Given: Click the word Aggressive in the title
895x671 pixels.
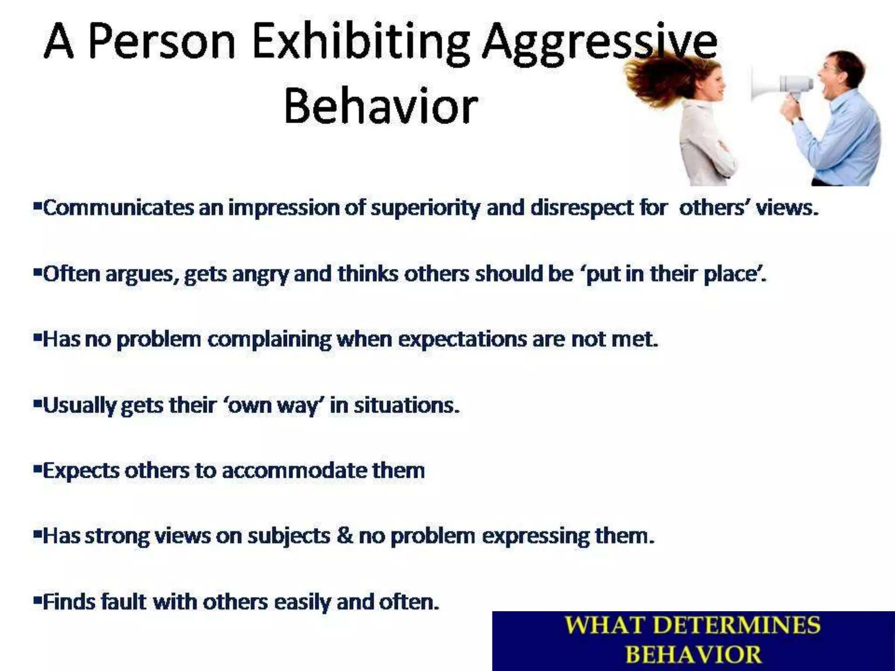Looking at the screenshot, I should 599,44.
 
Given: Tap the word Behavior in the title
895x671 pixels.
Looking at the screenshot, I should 380,107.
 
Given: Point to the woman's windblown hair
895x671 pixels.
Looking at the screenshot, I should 656,76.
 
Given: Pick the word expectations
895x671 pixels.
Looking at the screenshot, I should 463,340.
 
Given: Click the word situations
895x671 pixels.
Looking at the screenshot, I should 406,405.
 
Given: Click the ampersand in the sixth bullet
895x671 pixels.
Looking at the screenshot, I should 344,536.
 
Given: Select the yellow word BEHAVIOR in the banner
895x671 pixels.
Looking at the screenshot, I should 693,654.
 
